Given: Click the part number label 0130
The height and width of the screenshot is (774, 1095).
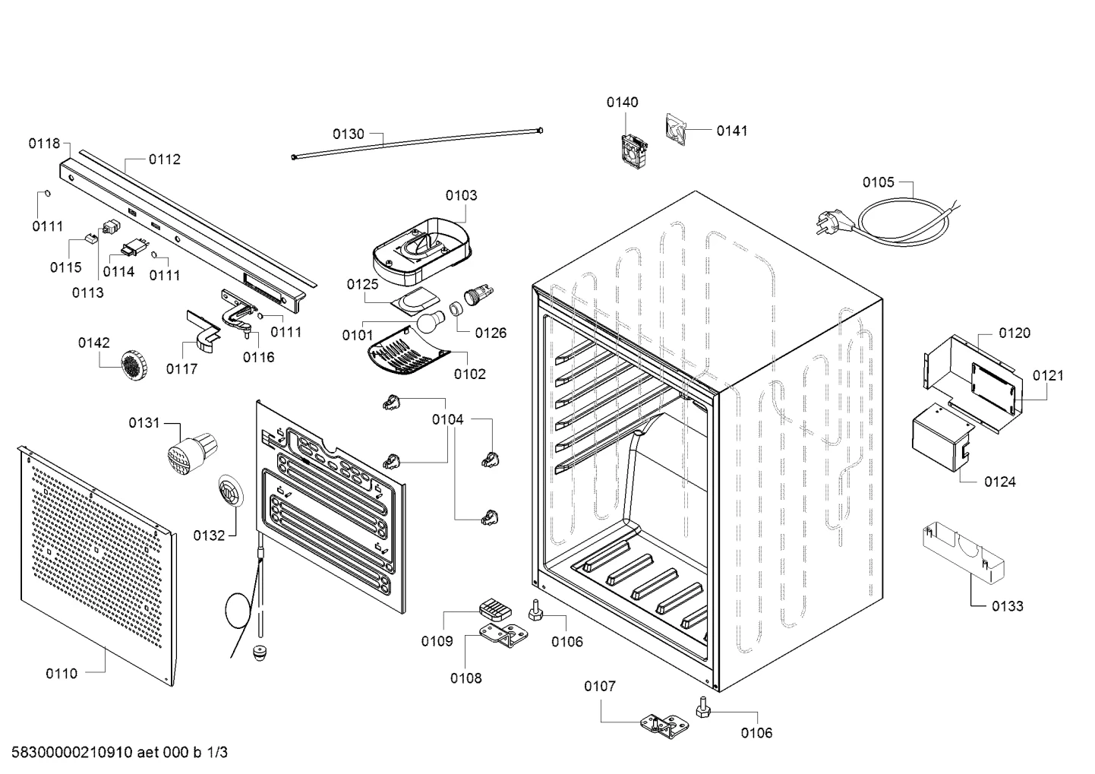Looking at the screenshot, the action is (x=348, y=134).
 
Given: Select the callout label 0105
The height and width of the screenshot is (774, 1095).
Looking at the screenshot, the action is (x=878, y=182).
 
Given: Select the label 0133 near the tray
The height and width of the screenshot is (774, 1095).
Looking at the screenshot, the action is (x=1007, y=606).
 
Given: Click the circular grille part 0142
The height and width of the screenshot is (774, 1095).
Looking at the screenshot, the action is (x=134, y=365).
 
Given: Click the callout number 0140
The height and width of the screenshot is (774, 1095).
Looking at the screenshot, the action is (x=622, y=103).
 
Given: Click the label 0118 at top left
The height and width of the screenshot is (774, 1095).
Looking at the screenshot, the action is (x=44, y=144).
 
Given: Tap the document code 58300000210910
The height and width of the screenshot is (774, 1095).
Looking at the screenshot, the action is (x=72, y=752).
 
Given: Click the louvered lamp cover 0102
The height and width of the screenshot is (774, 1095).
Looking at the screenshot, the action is (x=409, y=350).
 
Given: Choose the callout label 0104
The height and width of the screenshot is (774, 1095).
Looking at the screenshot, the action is (x=448, y=419).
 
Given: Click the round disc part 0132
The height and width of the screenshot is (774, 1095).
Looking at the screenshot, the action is (x=231, y=491).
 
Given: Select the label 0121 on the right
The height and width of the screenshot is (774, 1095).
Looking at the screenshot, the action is (x=1048, y=375).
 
